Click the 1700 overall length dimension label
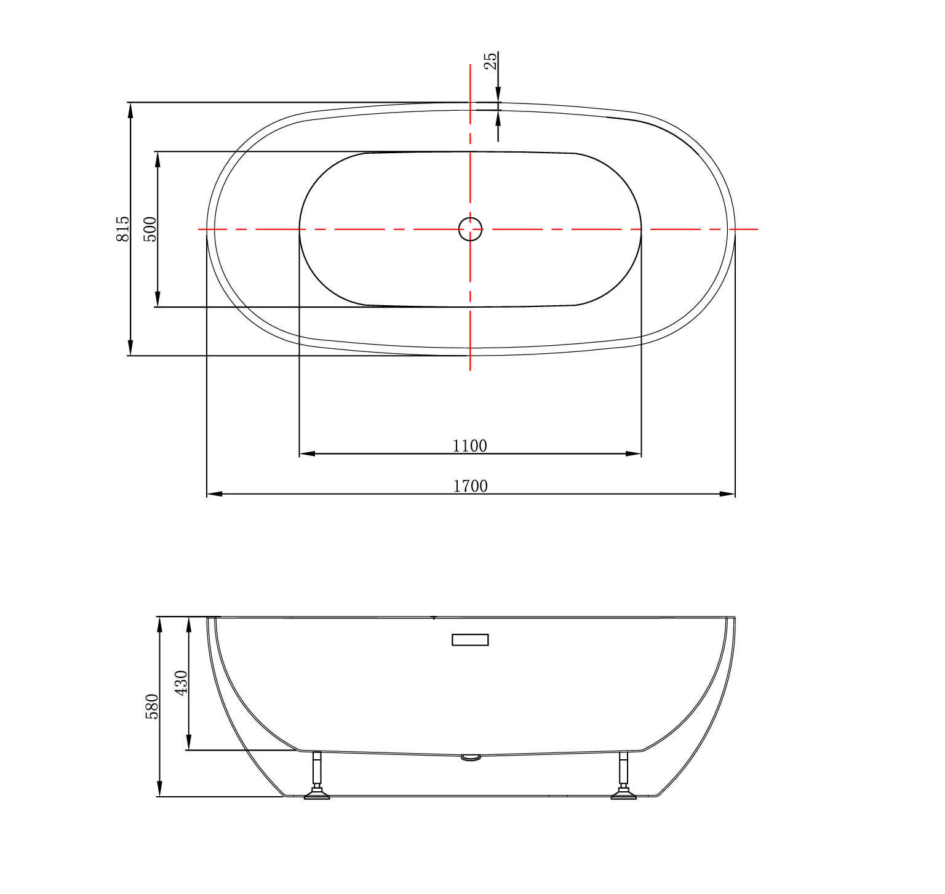coord(471,486)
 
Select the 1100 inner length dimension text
coord(469,445)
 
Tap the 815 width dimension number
coord(123,228)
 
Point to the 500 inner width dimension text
coord(150,229)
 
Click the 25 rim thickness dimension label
coord(490,62)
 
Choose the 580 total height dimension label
coord(152,706)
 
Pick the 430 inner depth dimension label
coord(181,683)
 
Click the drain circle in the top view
coord(470,229)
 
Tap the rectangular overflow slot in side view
coord(470,640)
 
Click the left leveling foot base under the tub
coord(317,796)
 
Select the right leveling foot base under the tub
coord(623,796)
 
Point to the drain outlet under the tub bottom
coord(471,758)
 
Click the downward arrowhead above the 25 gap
coord(498,95)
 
